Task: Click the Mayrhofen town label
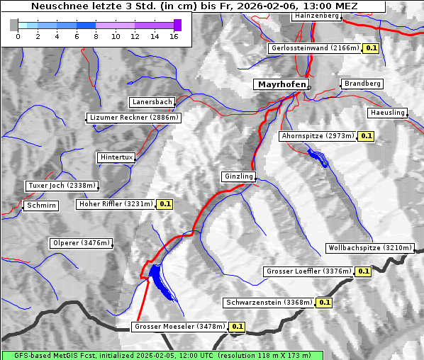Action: click(x=281, y=84)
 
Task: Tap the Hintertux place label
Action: click(x=116, y=157)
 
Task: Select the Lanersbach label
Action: click(x=152, y=102)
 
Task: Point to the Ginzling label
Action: click(x=238, y=176)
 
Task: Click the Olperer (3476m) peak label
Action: click(x=82, y=243)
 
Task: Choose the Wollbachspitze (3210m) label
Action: click(x=369, y=248)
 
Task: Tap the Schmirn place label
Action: click(x=40, y=206)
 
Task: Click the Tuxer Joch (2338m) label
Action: click(x=61, y=186)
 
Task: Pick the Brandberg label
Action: click(x=362, y=84)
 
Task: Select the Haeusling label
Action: click(x=387, y=113)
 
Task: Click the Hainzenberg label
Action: click(x=316, y=16)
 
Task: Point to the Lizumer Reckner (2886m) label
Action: click(x=133, y=118)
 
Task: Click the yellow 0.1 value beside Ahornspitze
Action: click(x=366, y=135)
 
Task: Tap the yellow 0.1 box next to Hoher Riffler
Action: click(x=164, y=204)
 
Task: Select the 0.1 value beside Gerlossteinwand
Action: click(x=371, y=48)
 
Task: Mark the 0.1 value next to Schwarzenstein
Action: click(x=324, y=303)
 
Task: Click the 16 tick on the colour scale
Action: click(x=174, y=35)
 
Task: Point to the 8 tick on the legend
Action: click(x=96, y=35)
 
